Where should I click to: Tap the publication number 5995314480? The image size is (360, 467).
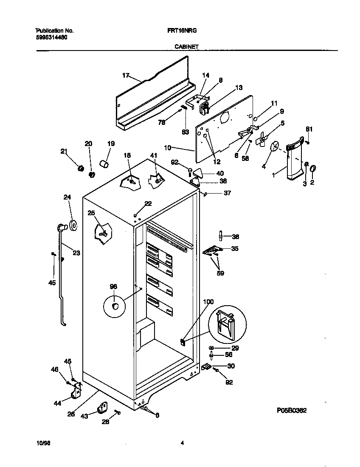(51, 37)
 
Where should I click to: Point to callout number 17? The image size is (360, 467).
(126, 75)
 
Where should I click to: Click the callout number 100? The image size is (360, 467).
(208, 302)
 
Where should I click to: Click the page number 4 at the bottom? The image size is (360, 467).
(182, 443)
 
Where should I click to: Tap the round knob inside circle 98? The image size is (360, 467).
(115, 307)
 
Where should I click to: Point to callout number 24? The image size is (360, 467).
(67, 197)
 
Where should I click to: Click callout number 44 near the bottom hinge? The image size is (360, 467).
(56, 403)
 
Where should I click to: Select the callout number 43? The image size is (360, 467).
(84, 416)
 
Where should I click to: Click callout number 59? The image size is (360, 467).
(220, 273)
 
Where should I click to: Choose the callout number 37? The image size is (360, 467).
(228, 193)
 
